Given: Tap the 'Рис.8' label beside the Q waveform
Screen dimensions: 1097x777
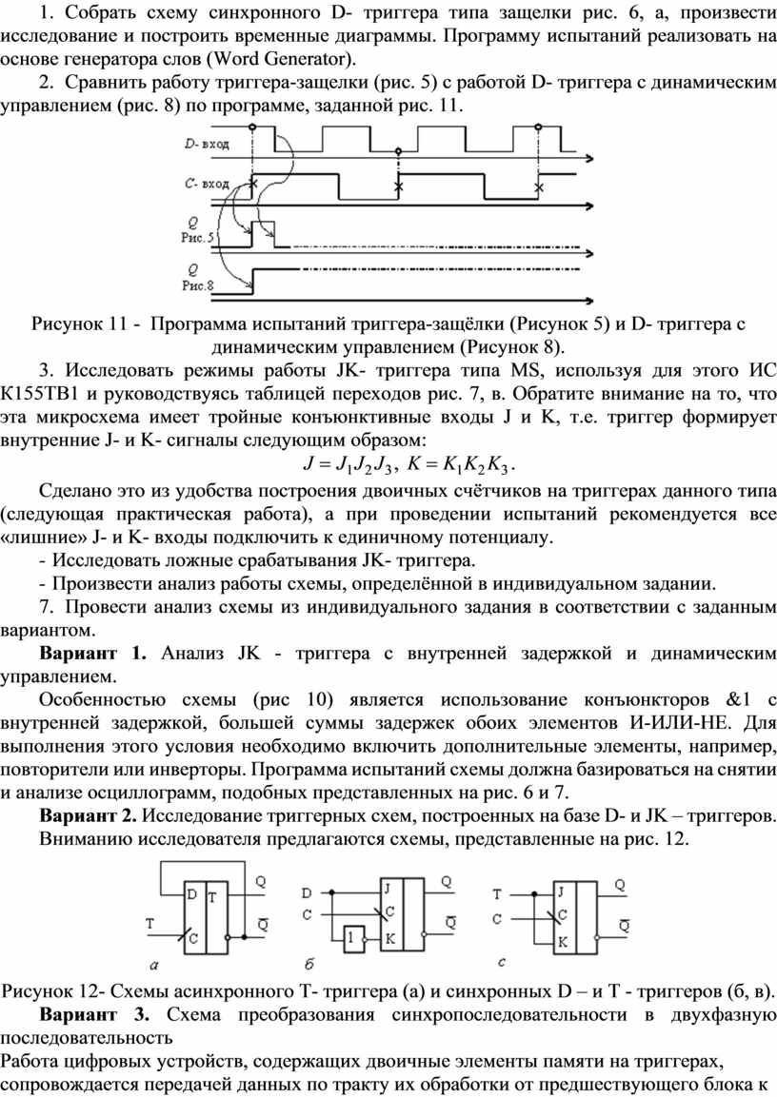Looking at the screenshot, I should point(199,284).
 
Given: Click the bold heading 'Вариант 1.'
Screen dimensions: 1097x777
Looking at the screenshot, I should point(93,654).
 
